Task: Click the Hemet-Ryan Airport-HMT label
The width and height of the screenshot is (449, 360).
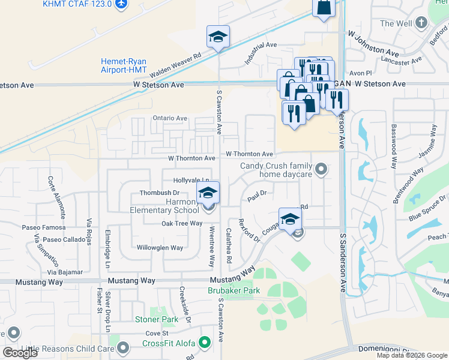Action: click(x=124, y=65)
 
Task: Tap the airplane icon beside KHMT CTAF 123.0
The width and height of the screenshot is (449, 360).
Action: click(x=121, y=4)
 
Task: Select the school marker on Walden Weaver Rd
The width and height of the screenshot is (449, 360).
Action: click(x=218, y=36)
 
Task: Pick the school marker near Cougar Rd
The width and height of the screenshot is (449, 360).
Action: click(x=289, y=219)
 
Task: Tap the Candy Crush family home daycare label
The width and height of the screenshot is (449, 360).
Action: click(x=277, y=170)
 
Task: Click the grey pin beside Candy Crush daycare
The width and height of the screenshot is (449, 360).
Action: click(x=322, y=170)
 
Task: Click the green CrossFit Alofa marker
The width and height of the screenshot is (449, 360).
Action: click(x=205, y=343)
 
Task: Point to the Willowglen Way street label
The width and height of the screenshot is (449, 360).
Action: click(x=160, y=248)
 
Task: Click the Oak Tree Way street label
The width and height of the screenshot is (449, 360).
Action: click(x=182, y=223)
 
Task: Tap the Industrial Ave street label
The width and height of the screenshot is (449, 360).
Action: click(x=260, y=53)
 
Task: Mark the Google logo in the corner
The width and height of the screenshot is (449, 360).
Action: click(x=20, y=353)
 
